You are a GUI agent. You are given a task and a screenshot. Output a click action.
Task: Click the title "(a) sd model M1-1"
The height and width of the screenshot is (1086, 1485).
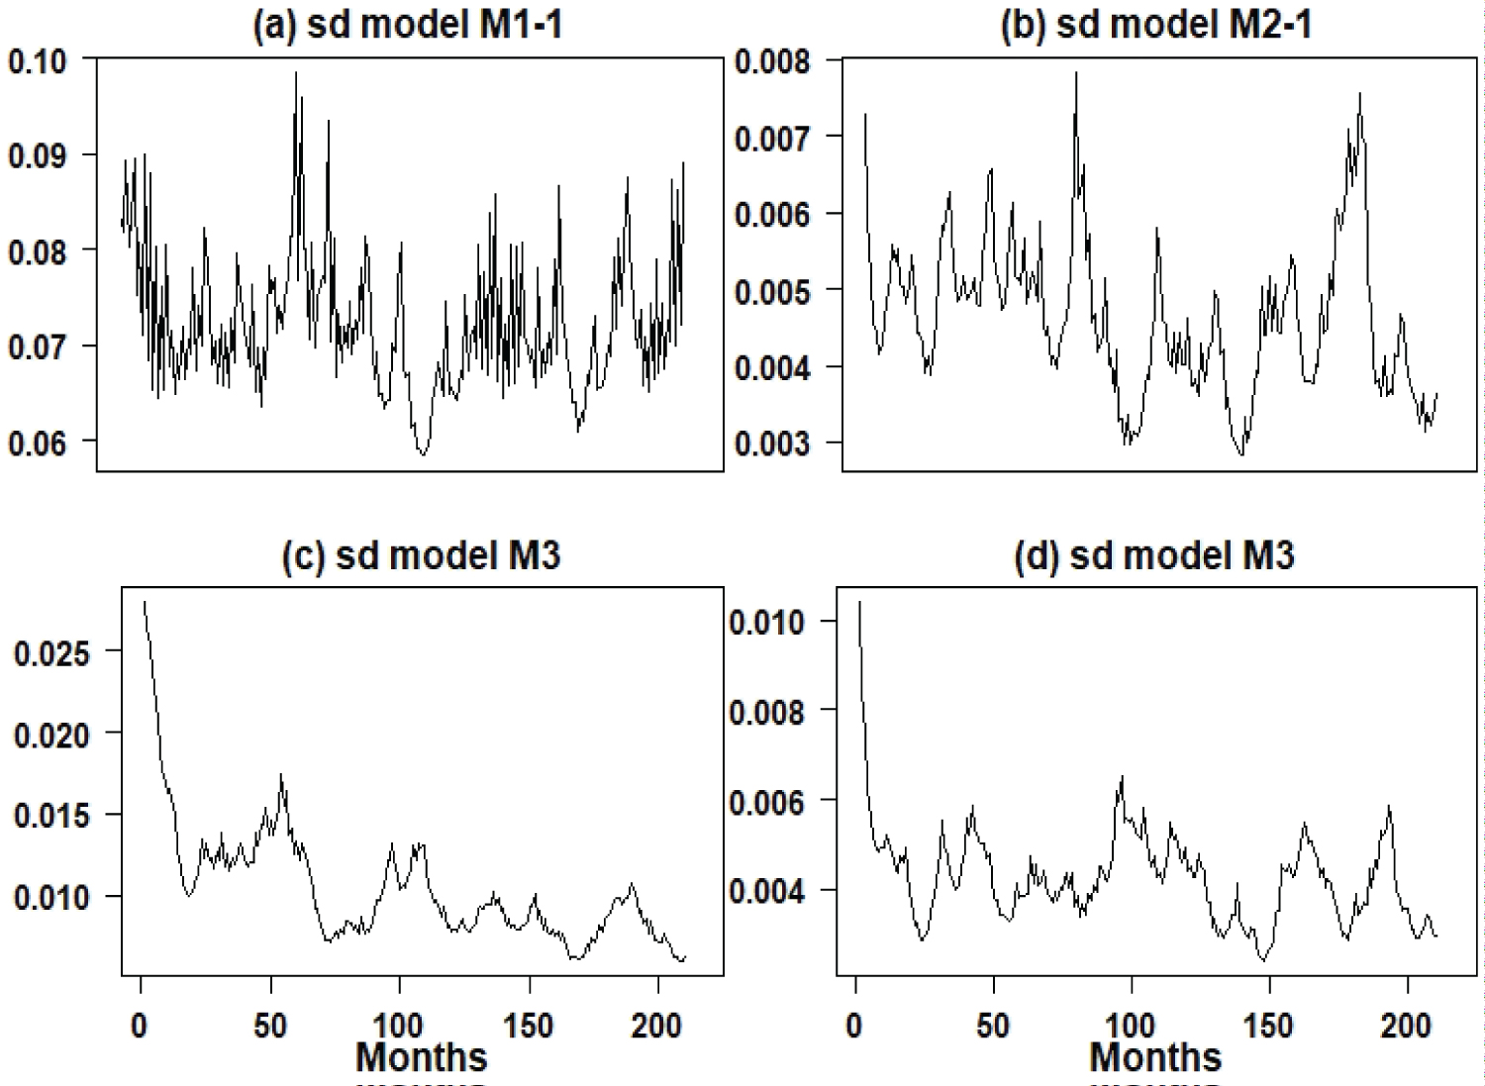pyautogui.click(x=408, y=25)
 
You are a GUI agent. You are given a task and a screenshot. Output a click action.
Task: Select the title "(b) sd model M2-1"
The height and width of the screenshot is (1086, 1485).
pyautogui.click(x=1155, y=25)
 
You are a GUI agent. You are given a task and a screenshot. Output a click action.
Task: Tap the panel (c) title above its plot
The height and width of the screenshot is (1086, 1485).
pyautogui.click(x=421, y=555)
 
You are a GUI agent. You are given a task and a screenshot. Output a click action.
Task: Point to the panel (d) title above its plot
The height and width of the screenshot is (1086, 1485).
pyautogui.click(x=1153, y=555)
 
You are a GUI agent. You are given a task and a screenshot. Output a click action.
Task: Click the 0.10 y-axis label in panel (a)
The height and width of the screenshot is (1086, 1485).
pyautogui.click(x=38, y=61)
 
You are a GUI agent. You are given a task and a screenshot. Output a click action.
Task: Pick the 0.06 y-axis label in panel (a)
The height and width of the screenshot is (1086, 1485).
pyautogui.click(x=38, y=443)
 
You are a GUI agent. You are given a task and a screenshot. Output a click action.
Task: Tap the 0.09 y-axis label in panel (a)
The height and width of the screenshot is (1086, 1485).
pyautogui.click(x=38, y=156)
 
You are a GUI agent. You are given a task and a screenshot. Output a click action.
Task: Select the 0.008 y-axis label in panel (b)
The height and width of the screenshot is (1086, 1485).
pyautogui.click(x=772, y=61)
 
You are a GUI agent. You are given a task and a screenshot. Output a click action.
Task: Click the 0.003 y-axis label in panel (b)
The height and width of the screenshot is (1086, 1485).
pyautogui.click(x=772, y=443)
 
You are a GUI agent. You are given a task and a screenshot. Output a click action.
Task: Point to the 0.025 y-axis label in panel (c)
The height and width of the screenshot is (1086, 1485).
pyautogui.click(x=51, y=652)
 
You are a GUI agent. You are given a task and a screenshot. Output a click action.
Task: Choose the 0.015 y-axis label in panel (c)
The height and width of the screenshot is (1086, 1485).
pyautogui.click(x=51, y=816)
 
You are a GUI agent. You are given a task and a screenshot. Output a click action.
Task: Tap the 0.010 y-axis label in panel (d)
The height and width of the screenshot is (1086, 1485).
pyautogui.click(x=767, y=622)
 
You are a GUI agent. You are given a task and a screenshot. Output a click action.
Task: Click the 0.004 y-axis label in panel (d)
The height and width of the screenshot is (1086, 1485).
pyautogui.click(x=767, y=891)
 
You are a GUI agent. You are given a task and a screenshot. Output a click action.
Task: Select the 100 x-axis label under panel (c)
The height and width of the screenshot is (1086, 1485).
pyautogui.click(x=398, y=1025)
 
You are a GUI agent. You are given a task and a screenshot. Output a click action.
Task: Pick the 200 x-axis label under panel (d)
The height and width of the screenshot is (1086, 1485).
pyautogui.click(x=1406, y=1025)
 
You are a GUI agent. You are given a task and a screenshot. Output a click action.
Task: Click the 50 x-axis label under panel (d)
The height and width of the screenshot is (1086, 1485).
pyautogui.click(x=993, y=1025)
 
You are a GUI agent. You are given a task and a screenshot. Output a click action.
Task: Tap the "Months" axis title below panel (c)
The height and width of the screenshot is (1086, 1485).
pyautogui.click(x=421, y=1057)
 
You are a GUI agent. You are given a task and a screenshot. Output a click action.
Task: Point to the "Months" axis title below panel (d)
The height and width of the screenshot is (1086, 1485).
pyautogui.click(x=1155, y=1057)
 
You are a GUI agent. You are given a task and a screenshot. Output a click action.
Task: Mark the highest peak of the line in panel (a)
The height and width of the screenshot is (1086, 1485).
pyautogui.click(x=295, y=72)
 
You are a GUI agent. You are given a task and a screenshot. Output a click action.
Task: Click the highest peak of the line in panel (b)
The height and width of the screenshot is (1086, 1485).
pyautogui.click(x=1076, y=72)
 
